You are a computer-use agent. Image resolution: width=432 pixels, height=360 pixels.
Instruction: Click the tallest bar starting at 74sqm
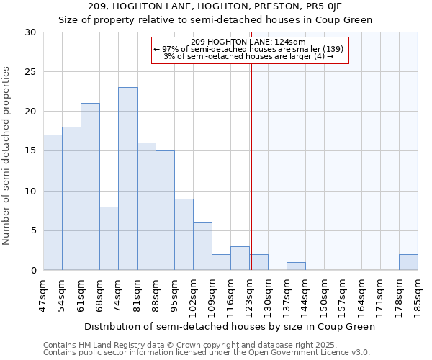click(x=127, y=179)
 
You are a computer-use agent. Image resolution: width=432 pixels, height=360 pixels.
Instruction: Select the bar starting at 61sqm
click(x=90, y=186)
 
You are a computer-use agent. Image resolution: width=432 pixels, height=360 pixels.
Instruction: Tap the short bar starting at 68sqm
click(x=109, y=238)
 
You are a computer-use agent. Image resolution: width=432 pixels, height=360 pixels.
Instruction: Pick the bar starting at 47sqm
click(x=53, y=202)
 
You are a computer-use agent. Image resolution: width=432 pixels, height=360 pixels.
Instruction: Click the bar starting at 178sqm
click(x=408, y=262)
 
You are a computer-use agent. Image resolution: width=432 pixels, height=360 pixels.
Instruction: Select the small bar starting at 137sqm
click(x=296, y=266)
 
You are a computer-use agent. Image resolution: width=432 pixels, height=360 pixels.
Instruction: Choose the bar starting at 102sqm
click(x=202, y=246)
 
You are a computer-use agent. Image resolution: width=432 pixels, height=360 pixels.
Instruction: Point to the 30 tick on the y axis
click(x=30, y=32)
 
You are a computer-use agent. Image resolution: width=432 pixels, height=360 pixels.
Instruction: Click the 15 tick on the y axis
click(x=30, y=151)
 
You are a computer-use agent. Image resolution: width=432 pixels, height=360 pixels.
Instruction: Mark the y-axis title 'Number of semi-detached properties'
click(x=7, y=156)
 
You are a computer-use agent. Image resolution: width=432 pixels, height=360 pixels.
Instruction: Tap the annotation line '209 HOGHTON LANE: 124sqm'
click(x=249, y=42)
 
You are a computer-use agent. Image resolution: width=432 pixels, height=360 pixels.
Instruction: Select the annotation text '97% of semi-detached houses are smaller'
click(x=248, y=49)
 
